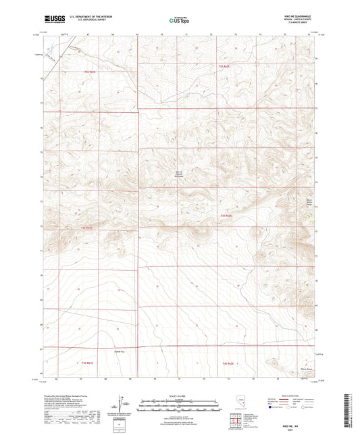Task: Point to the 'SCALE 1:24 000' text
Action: tap(179, 395)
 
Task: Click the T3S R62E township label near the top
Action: tap(225, 66)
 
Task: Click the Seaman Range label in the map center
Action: tap(180, 174)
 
